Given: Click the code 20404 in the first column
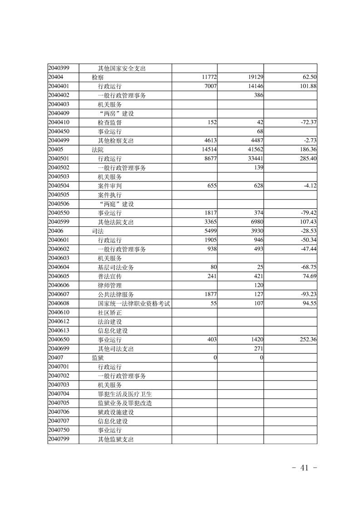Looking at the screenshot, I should (56, 77).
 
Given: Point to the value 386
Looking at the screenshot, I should (259, 95).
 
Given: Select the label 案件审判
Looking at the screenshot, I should (109, 186).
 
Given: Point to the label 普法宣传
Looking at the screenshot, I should (109, 276).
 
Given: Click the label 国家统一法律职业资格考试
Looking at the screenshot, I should (134, 303).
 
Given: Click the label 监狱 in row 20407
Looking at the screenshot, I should (98, 357).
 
